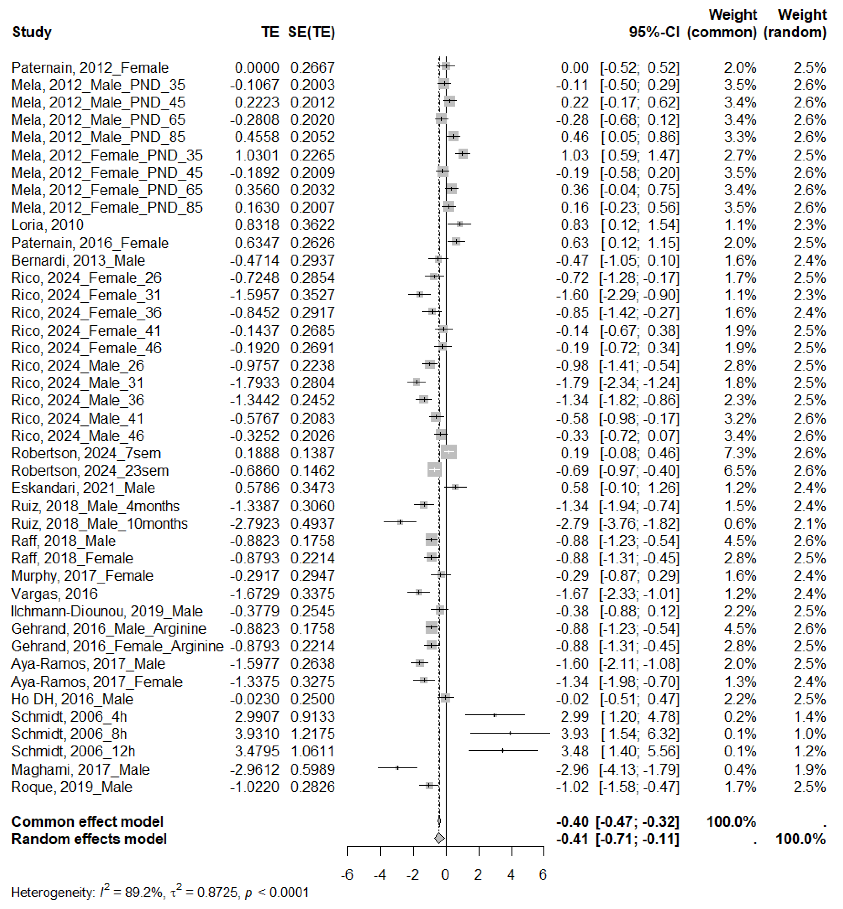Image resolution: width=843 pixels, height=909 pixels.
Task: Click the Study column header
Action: coord(31,32)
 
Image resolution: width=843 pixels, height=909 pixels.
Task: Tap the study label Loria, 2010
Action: coord(47,225)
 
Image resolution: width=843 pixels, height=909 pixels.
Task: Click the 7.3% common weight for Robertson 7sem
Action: coord(740,453)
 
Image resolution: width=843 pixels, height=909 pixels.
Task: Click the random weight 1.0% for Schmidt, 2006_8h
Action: coord(809,734)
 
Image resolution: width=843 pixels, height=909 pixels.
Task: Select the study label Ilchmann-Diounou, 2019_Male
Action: coord(107,611)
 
